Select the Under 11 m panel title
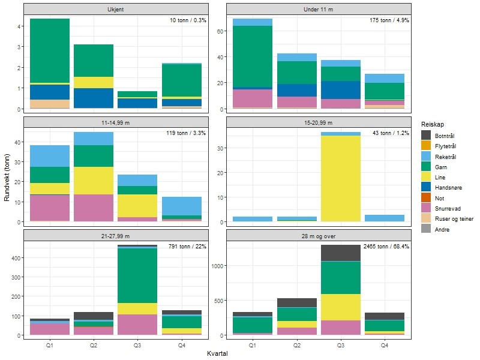tap(319, 9)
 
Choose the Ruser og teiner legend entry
tap(452, 218)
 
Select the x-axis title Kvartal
tap(217, 354)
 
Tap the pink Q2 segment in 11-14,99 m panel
tap(94, 208)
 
